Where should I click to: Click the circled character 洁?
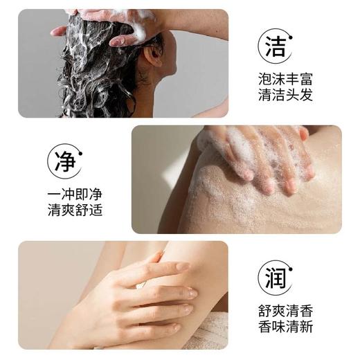point(276,46)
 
